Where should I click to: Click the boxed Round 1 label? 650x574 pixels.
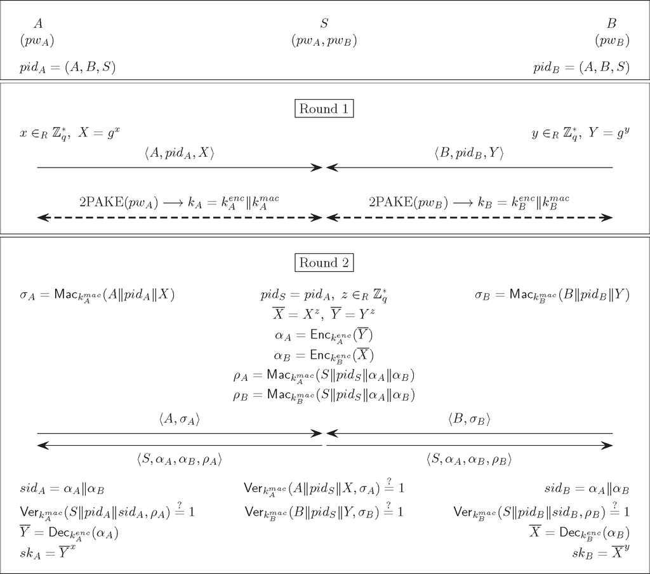coord(324,109)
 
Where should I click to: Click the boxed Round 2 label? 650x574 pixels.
coord(324,262)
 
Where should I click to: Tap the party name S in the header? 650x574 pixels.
coord(324,24)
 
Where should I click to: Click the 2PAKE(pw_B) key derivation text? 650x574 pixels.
coord(469,201)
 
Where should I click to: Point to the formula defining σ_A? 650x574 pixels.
coord(97,295)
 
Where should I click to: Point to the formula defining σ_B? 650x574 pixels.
coord(552,295)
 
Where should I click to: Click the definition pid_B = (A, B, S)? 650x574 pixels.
coord(581,67)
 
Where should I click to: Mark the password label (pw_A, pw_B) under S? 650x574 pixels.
coord(324,41)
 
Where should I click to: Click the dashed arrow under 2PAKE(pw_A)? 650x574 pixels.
coord(180,218)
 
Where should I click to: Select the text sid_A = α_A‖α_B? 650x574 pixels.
coord(62,490)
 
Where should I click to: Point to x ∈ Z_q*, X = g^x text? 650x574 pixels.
coord(69,133)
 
